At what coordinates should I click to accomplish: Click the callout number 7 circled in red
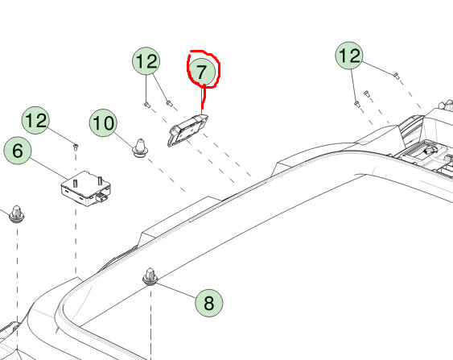[x=202, y=72]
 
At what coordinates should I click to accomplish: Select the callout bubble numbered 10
[x=104, y=123]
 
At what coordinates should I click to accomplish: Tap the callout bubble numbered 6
[x=18, y=151]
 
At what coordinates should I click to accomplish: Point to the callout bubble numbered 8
[x=209, y=303]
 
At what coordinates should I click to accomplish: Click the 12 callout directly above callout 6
[x=35, y=120]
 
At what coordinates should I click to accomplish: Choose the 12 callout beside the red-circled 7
[x=146, y=61]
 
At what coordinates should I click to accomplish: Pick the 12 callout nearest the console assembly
[x=349, y=56]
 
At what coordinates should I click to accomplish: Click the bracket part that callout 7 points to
[x=187, y=130]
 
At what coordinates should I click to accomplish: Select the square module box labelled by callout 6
[x=86, y=188]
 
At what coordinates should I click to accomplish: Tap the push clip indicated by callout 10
[x=140, y=147]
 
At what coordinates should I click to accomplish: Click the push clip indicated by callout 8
[x=150, y=276]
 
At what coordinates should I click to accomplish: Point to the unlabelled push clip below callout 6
[x=17, y=214]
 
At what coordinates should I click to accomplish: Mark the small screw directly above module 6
[x=76, y=147]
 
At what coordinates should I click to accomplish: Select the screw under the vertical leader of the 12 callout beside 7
[x=146, y=105]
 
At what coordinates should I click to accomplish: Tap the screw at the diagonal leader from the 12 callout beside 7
[x=169, y=102]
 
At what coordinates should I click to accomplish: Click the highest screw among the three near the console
[x=397, y=76]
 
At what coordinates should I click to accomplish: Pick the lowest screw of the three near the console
[x=357, y=104]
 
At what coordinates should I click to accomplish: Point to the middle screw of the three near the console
[x=367, y=93]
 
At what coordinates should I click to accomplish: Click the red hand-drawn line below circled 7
[x=204, y=98]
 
